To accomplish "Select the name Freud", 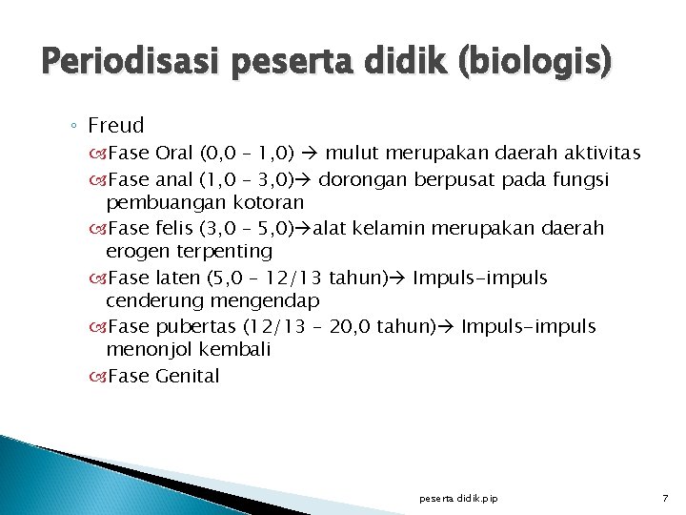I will tap(115, 125).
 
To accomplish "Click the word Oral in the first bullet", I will tap(173, 154).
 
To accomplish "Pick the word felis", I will tap(171, 229).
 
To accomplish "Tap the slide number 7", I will tap(666, 499).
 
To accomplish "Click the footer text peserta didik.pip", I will tap(458, 499).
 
